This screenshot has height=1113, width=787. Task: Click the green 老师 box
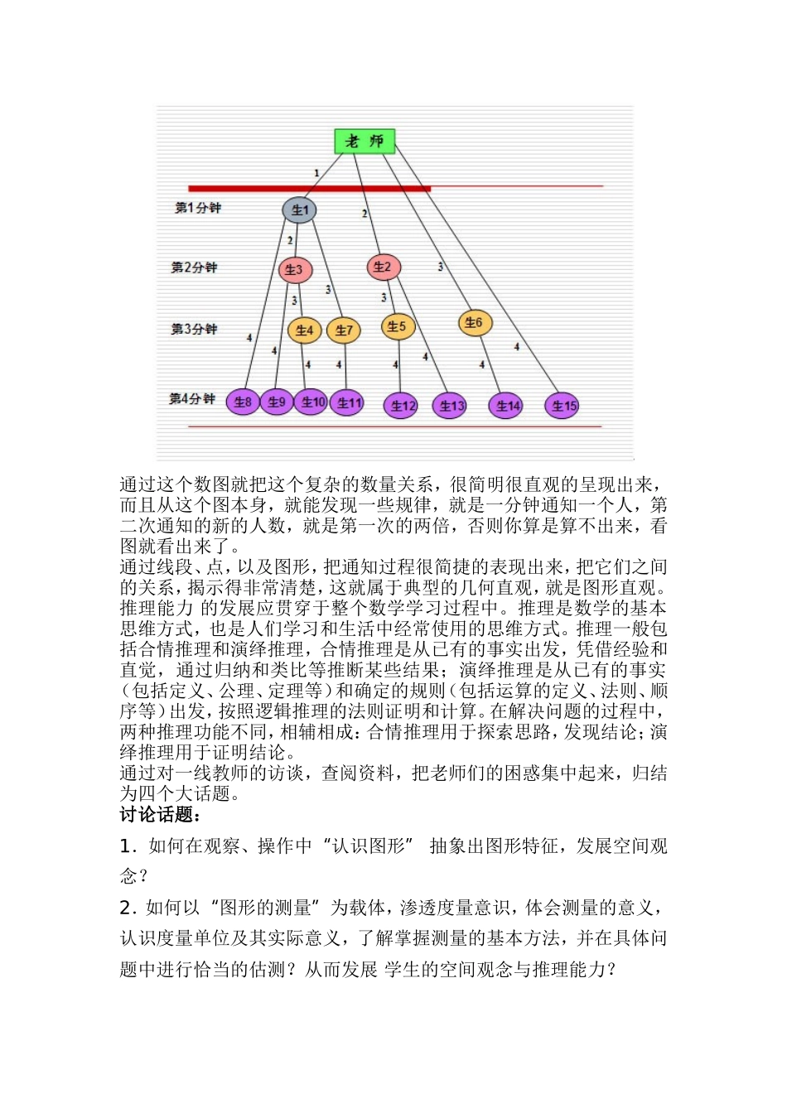point(365,141)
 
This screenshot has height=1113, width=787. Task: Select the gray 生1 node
point(299,210)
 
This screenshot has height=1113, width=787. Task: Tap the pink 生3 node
point(295,269)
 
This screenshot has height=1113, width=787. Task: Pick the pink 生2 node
point(383,267)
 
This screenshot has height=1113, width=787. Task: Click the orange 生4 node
point(305,330)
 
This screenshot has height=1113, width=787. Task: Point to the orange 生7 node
point(344,330)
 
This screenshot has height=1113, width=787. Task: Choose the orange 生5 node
point(398,326)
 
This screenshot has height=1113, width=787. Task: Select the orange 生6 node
point(474,323)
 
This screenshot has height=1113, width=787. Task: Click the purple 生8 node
point(243,402)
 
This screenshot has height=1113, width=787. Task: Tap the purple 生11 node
point(347,403)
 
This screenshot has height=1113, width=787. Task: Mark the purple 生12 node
point(401,406)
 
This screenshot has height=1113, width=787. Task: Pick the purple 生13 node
point(450,406)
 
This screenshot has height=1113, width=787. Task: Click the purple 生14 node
point(506,406)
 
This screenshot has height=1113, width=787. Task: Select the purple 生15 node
point(562,406)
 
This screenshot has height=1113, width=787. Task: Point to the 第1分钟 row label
point(198,208)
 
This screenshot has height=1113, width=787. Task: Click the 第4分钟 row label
point(192,399)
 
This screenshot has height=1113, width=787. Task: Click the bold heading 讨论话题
point(160,815)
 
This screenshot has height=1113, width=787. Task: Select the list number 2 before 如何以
point(126,908)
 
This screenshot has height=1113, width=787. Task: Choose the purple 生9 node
point(276,402)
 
